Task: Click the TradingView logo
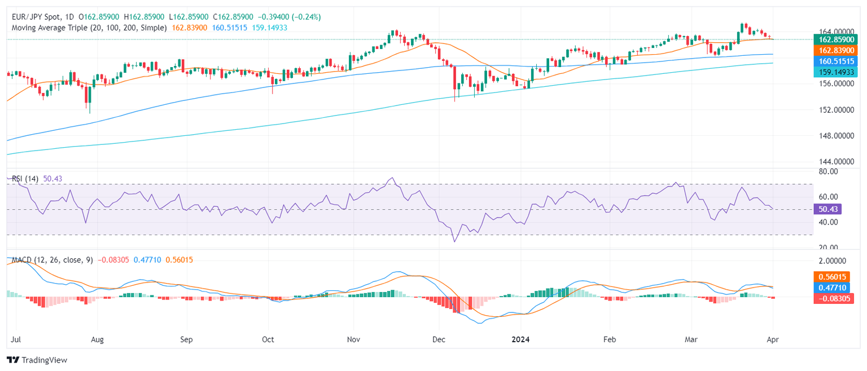tap(37, 360)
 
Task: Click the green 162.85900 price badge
tap(833, 39)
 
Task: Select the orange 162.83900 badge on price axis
tap(833, 50)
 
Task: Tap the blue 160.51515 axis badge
tap(833, 61)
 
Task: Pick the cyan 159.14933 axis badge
tap(833, 72)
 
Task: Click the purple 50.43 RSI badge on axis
tap(827, 209)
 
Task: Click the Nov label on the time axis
tap(353, 340)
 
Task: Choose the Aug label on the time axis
tap(98, 340)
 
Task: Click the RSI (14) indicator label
tap(25, 179)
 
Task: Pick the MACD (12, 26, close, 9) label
tap(52, 260)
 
